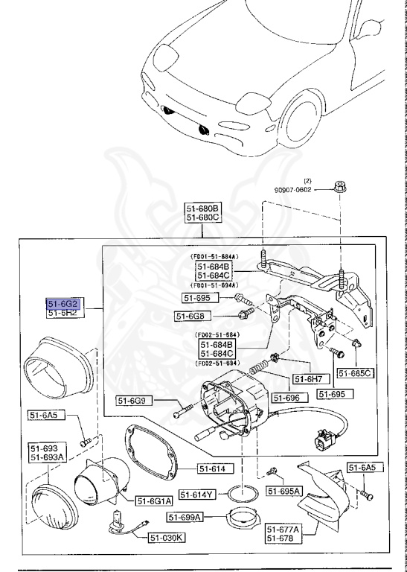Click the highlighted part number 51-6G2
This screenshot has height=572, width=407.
63,304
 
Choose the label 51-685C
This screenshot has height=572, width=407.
355,372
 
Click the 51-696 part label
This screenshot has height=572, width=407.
285,398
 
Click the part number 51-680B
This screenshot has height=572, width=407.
203,208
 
